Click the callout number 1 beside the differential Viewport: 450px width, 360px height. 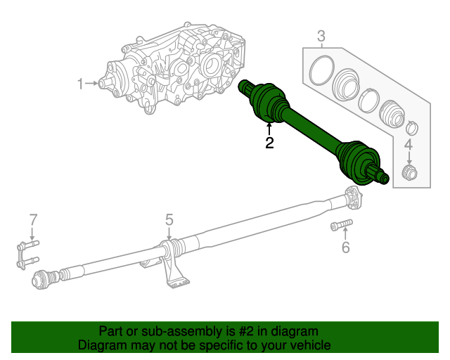[81, 84]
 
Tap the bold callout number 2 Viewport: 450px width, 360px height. [269, 143]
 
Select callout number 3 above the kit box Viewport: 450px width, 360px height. [321, 36]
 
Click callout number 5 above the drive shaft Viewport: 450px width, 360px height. [169, 220]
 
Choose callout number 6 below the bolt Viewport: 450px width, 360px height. [345, 247]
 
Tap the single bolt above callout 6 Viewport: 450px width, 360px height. [340, 226]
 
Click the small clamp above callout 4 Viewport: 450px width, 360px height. [413, 128]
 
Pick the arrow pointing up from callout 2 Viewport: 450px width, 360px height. [269, 129]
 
